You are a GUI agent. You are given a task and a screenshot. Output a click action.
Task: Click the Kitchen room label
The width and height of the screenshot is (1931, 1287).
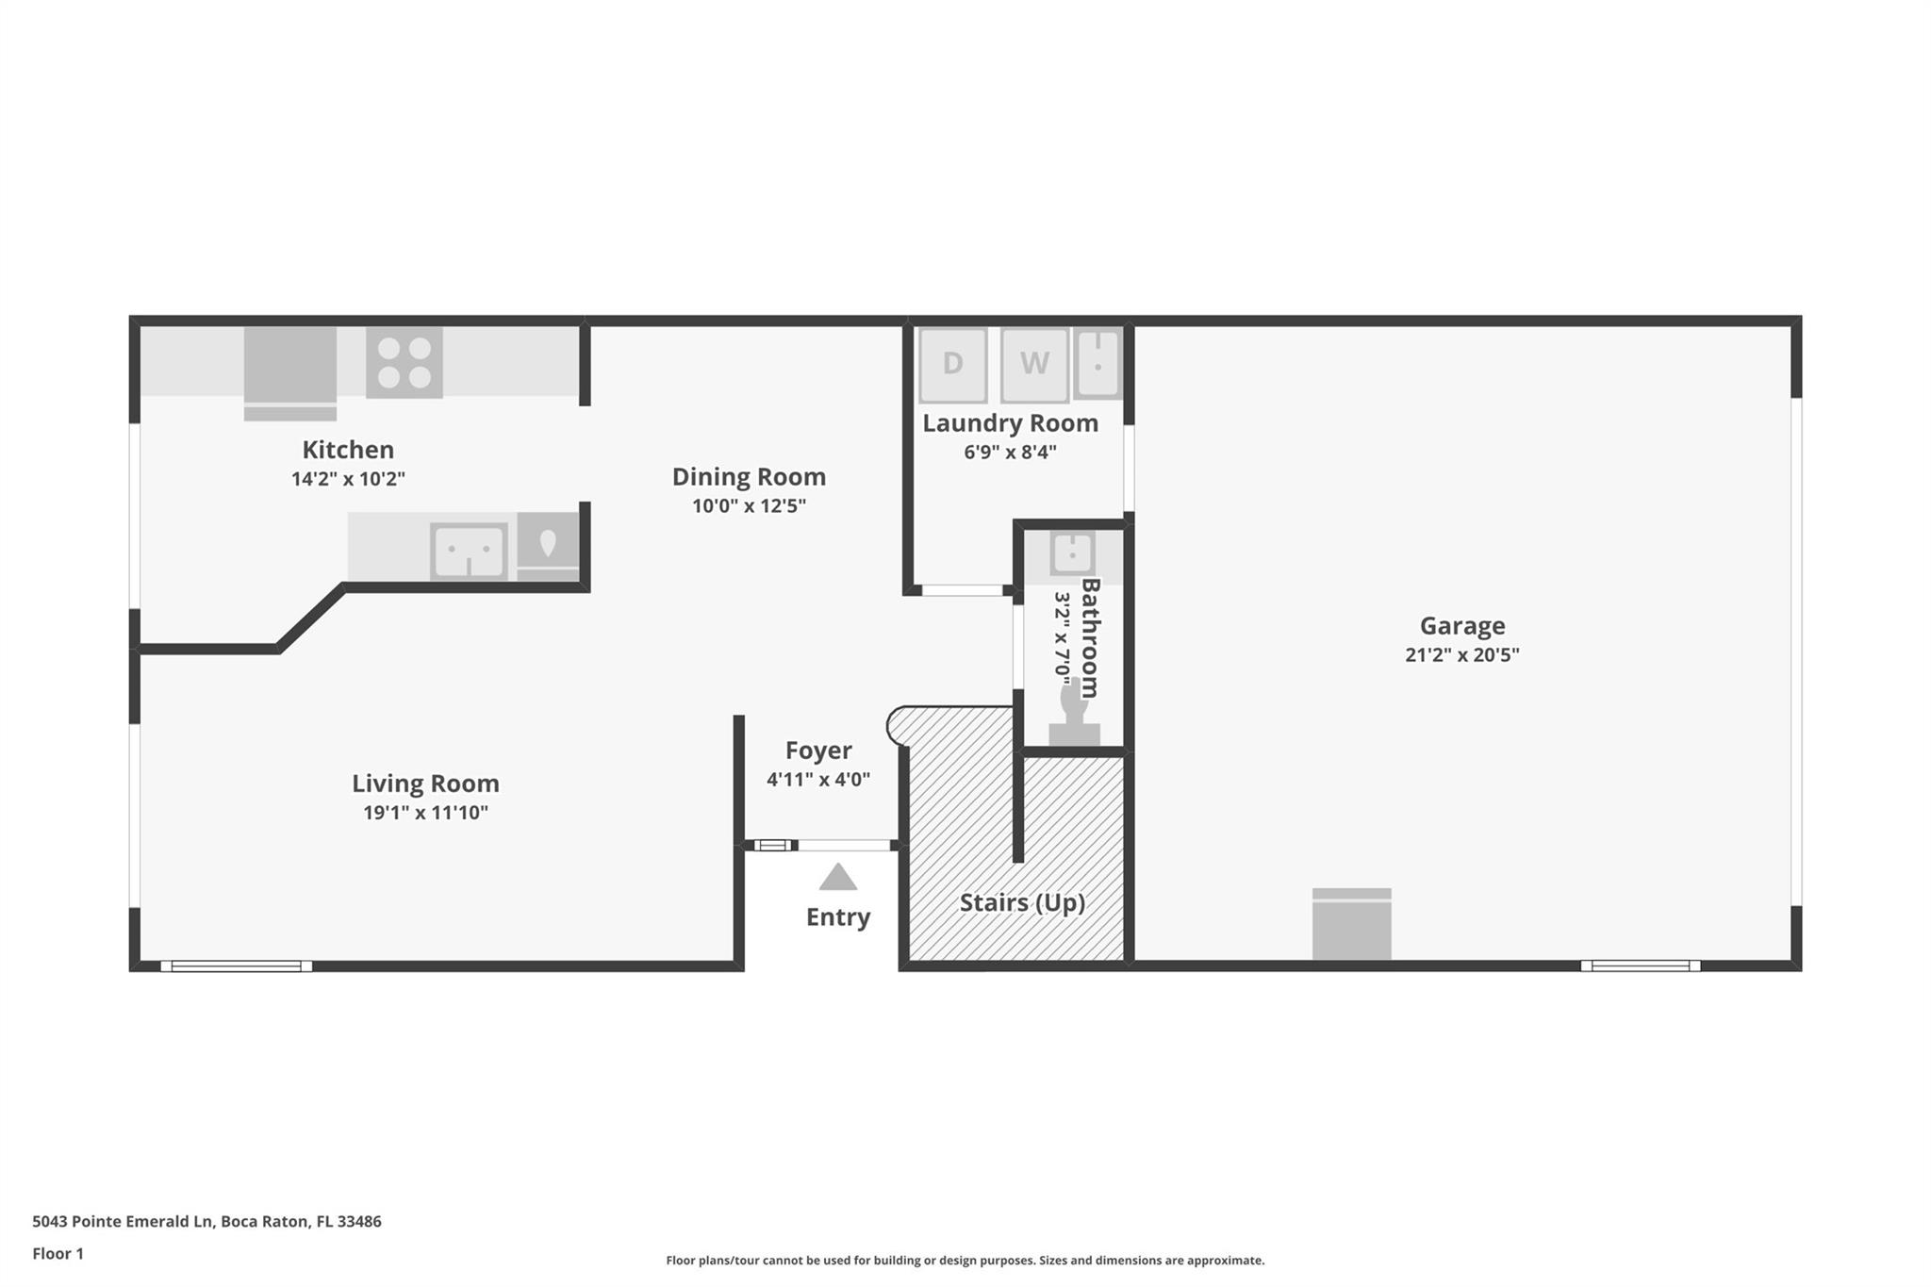[x=348, y=450]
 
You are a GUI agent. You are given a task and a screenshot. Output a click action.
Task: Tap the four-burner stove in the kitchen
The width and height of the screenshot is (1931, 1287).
[x=404, y=362]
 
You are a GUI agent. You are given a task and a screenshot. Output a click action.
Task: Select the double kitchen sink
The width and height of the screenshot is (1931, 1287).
[x=469, y=550]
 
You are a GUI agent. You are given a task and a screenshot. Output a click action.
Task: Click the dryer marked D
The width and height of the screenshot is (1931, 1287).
[x=953, y=364]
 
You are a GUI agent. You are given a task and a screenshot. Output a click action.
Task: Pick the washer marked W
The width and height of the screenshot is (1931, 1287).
[x=1034, y=364]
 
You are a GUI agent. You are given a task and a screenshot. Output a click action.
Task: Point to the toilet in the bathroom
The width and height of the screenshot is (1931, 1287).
[x=1074, y=714]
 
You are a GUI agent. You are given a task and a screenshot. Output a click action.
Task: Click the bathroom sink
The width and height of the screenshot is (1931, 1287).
[x=1073, y=553]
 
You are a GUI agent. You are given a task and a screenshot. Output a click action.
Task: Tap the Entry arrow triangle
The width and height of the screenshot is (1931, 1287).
[x=838, y=877]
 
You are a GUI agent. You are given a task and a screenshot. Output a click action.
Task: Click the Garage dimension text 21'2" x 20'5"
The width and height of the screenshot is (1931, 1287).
[x=1462, y=654]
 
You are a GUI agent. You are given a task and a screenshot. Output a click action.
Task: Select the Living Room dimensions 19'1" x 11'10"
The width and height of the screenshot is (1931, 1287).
[x=426, y=812]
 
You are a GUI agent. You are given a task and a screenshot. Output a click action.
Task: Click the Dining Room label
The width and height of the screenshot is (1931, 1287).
[x=749, y=476]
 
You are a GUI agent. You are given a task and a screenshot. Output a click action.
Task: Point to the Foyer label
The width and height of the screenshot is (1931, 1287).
[x=818, y=751]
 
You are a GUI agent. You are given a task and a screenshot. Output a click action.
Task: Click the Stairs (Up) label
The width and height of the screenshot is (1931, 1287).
[x=1022, y=903]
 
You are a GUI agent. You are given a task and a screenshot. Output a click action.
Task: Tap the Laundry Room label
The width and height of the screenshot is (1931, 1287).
[x=1010, y=424]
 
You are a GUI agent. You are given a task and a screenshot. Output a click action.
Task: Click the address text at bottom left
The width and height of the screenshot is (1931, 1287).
[x=206, y=1222]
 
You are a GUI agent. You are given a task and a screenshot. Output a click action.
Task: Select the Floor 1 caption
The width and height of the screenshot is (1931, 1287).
[x=58, y=1254]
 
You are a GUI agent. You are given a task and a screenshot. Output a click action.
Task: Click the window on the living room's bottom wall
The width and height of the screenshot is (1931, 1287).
[x=236, y=965]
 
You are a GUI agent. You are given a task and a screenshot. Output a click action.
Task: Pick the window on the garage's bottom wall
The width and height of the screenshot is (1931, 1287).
[x=1641, y=965]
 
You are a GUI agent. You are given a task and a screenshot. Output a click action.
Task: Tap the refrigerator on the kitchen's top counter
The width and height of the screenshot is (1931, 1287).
[x=290, y=373]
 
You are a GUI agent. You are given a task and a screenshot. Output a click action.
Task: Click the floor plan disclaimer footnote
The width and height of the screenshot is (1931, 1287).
[x=965, y=1261]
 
